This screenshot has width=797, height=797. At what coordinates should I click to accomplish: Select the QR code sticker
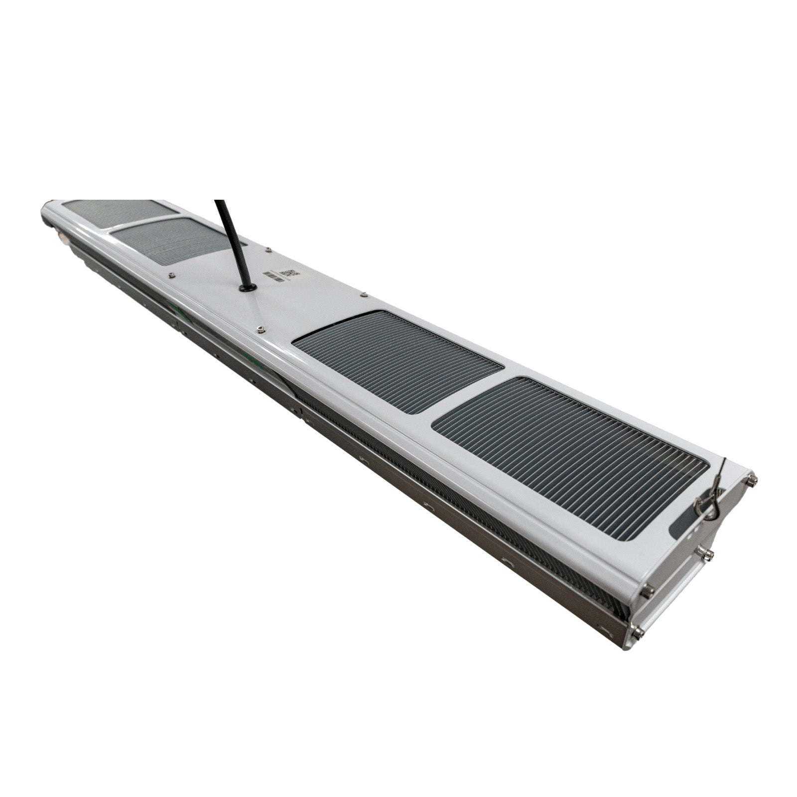[x=289, y=273]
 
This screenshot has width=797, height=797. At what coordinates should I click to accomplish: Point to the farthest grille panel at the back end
[x=120, y=210]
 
